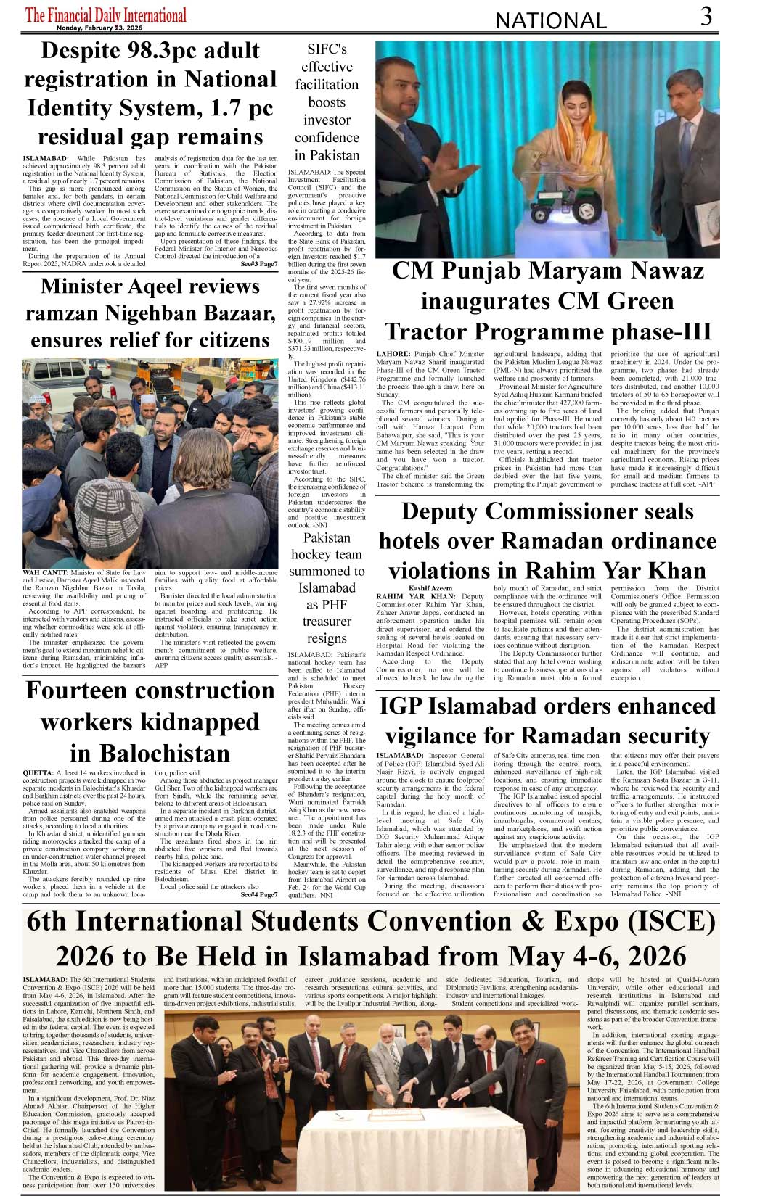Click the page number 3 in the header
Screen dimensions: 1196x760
pyautogui.click(x=706, y=16)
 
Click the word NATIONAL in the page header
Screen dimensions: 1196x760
pyautogui.click(x=549, y=21)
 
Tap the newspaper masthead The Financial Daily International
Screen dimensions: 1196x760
pyautogui.click(x=106, y=15)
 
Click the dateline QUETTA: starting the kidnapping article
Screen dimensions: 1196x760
pyautogui.click(x=37, y=774)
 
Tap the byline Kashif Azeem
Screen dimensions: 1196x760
pyautogui.click(x=430, y=588)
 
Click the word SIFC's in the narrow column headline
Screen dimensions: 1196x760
pyautogui.click(x=327, y=49)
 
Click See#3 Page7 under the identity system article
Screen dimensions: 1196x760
pyautogui.click(x=259, y=264)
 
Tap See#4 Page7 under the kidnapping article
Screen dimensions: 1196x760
pyautogui.click(x=259, y=895)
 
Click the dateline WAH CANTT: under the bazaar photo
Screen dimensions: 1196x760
pyautogui.click(x=45, y=573)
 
